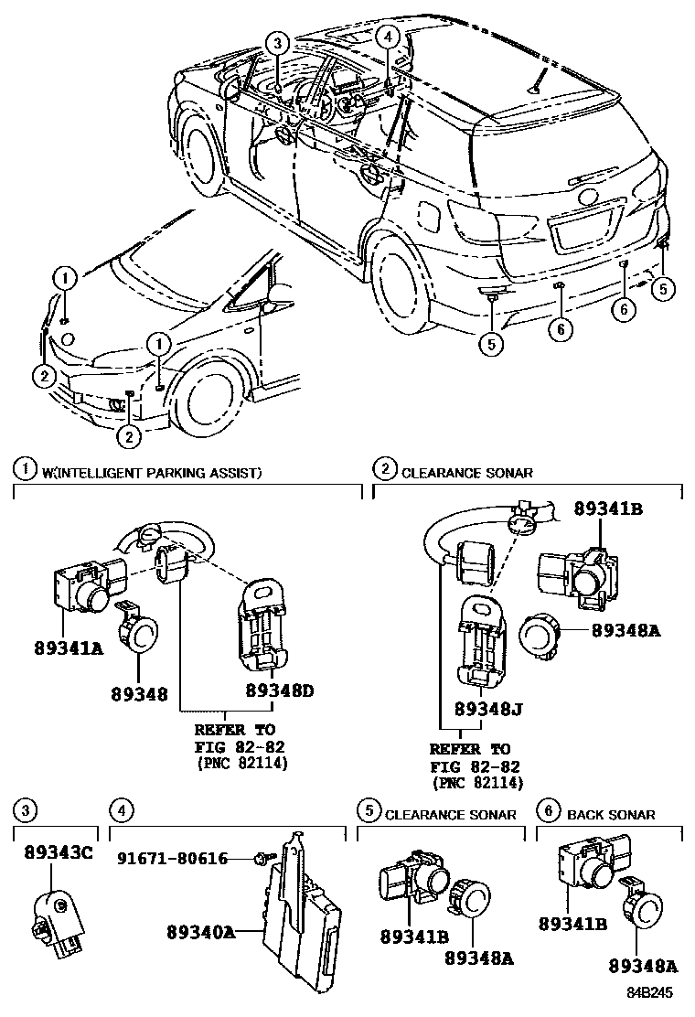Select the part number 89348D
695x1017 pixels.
point(279,691)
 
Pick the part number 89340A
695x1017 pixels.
point(201,932)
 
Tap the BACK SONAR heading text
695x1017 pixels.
point(611,814)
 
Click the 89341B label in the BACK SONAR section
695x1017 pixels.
point(573,925)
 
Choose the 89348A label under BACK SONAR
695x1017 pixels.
point(645,964)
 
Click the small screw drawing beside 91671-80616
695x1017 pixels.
point(263,858)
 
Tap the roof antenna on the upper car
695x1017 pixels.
point(536,84)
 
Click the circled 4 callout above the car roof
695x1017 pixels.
point(389,37)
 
